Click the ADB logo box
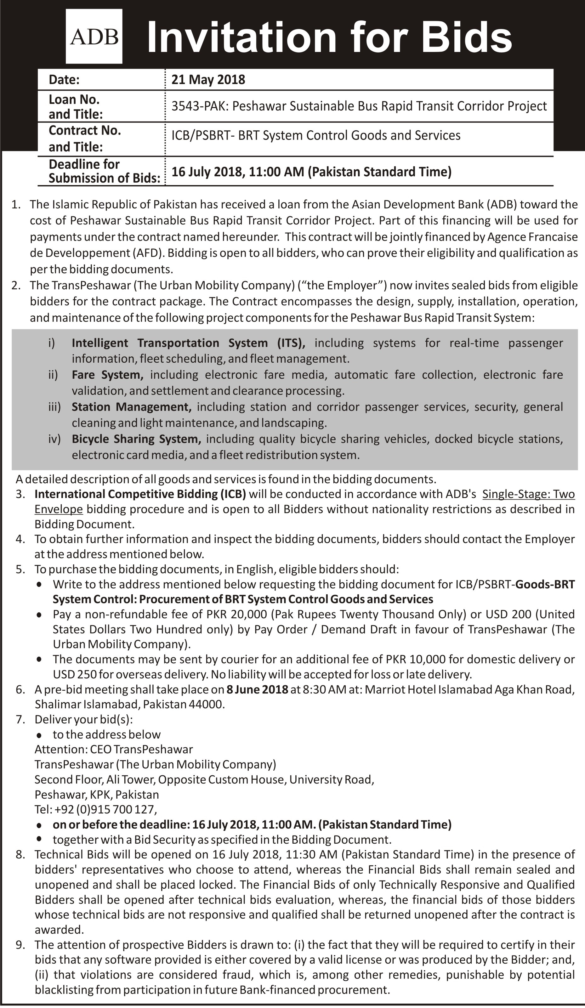point(94,37)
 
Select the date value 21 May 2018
point(208,80)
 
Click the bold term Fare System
point(108,375)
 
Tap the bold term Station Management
point(131,407)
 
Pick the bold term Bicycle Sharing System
point(136,439)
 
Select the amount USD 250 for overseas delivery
point(74,674)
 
